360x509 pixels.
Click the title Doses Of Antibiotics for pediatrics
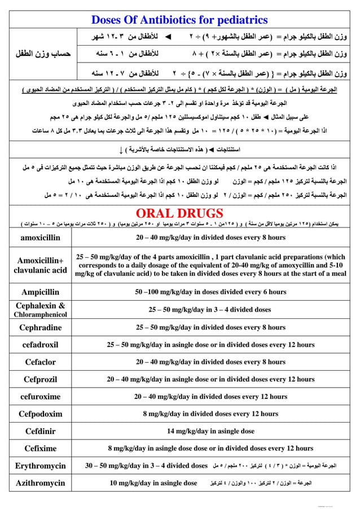(179, 20)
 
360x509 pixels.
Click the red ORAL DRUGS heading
(179, 213)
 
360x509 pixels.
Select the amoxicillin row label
(40, 238)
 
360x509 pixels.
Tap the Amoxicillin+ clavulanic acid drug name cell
(40, 265)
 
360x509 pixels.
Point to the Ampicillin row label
(40, 292)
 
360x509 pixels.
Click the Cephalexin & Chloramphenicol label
(40, 309)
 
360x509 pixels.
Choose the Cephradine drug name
(40, 327)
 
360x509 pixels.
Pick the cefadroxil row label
(40, 344)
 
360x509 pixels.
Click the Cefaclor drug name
(40, 362)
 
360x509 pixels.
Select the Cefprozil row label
(40, 379)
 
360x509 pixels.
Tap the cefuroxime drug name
(40, 396)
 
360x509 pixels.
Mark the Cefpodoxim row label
(40, 414)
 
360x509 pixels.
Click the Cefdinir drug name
(40, 431)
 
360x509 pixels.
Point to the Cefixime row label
(40, 449)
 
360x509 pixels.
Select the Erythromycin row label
(40, 466)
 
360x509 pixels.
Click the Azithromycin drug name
(40, 483)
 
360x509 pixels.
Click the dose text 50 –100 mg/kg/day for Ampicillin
(210, 292)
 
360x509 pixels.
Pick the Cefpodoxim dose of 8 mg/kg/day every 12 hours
(210, 414)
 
